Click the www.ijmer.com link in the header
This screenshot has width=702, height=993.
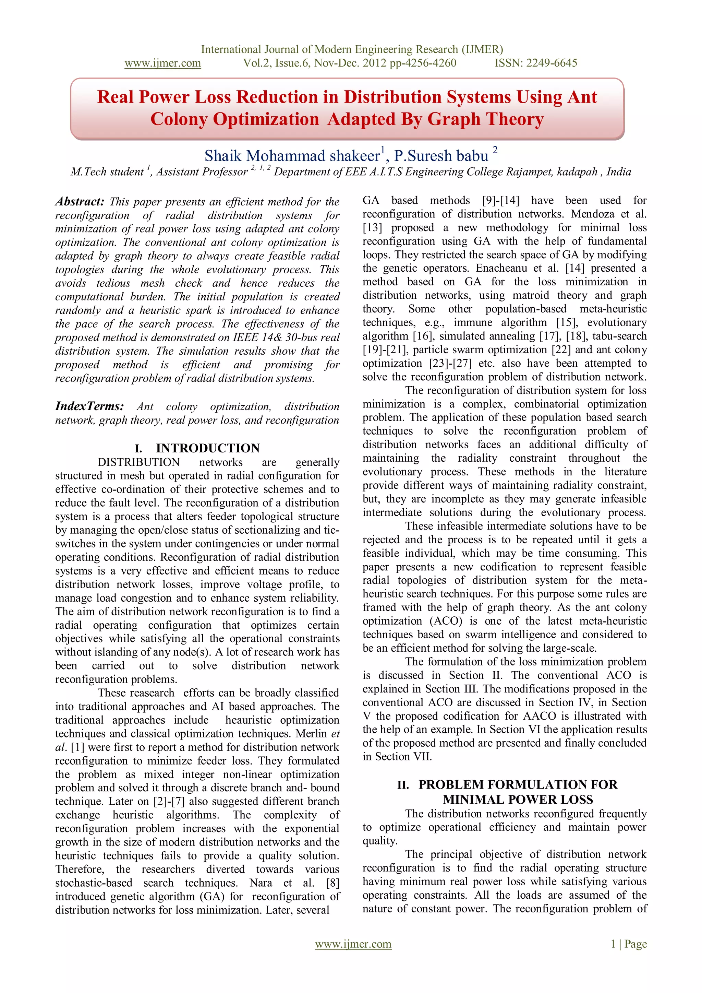pyautogui.click(x=162, y=63)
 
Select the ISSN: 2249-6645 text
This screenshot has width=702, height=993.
pyautogui.click(x=535, y=63)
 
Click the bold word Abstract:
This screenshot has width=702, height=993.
pyautogui.click(x=80, y=202)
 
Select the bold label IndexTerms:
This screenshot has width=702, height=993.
pyautogui.click(x=89, y=406)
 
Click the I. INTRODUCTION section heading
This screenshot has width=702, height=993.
pyautogui.click(x=197, y=448)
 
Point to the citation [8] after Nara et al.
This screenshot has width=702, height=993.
pyautogui.click(x=332, y=882)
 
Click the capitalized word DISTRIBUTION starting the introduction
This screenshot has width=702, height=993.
pyautogui.click(x=138, y=462)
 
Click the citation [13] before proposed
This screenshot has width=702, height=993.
pyautogui.click(x=372, y=227)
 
